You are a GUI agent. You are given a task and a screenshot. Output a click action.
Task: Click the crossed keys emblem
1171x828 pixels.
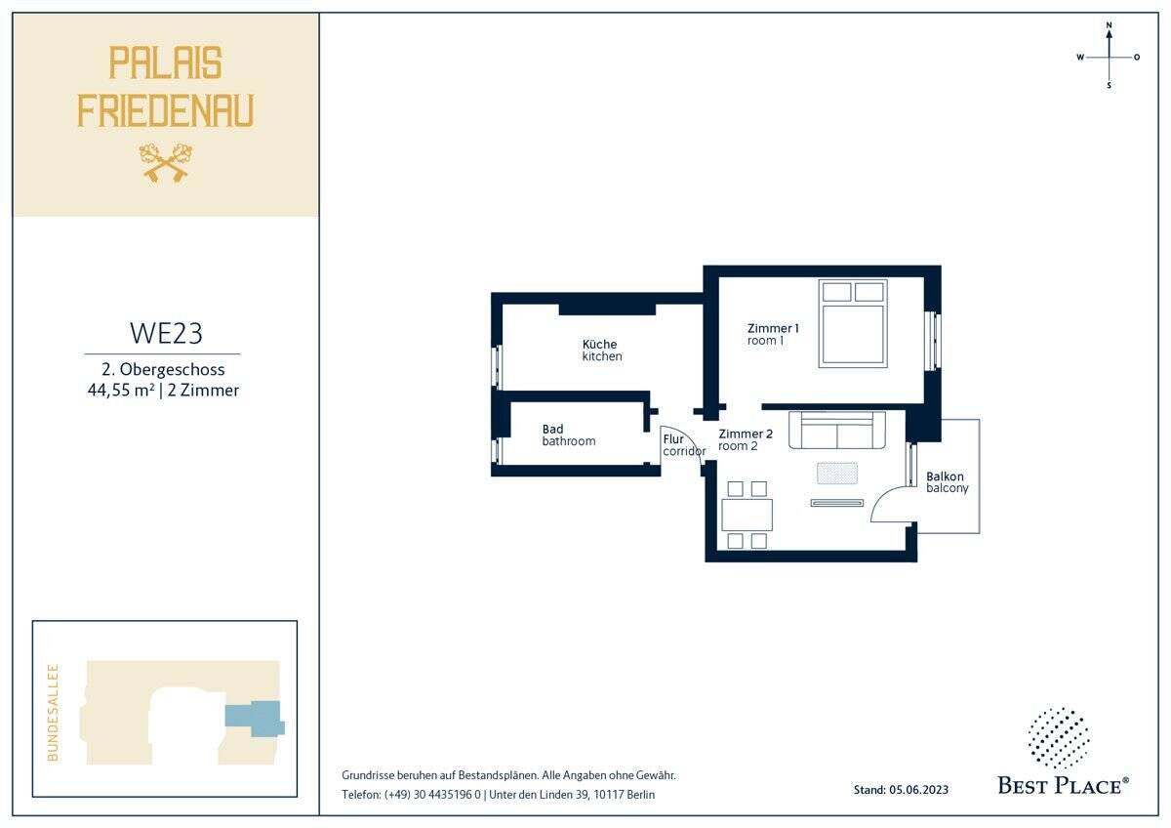166,163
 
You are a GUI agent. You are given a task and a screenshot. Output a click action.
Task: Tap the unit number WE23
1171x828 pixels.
166,333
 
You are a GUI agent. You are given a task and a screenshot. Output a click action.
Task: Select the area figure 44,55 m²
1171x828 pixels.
121,391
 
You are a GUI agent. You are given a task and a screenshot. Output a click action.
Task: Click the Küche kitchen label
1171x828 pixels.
602,351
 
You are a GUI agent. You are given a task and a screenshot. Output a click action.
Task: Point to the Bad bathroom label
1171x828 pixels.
568,435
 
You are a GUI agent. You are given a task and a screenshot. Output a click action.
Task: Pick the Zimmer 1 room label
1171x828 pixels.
773,334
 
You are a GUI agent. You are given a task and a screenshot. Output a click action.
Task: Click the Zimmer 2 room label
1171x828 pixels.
745,440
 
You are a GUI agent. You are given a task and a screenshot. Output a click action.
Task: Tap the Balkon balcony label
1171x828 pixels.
947,482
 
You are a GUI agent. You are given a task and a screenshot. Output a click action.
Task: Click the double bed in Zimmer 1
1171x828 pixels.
853,323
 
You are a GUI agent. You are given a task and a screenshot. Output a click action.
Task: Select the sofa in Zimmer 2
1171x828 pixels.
837,430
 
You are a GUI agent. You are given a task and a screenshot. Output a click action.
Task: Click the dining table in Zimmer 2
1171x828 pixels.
747,516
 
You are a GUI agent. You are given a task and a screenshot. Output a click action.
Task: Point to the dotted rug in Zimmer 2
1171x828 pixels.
837,474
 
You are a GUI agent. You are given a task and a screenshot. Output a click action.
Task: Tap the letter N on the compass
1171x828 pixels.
1109,25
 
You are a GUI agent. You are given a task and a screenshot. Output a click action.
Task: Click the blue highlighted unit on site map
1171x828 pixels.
255,719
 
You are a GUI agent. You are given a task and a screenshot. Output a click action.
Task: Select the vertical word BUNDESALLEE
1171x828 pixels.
53,713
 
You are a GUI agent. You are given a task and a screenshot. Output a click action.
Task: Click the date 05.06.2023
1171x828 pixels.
918,790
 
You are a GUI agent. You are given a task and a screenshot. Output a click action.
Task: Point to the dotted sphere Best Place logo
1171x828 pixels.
1059,738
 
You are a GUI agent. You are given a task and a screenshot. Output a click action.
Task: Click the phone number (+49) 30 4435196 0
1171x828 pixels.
431,795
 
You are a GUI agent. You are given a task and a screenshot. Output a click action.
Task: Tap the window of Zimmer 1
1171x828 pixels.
932,342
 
